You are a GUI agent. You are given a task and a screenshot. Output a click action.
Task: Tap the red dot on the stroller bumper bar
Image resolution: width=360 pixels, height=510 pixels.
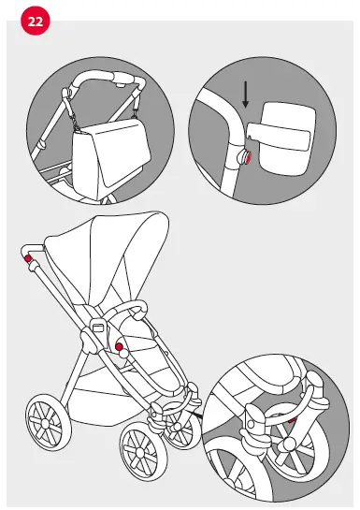pos(119,347)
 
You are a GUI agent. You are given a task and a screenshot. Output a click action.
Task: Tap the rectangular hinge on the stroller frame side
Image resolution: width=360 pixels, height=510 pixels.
pos(96,328)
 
